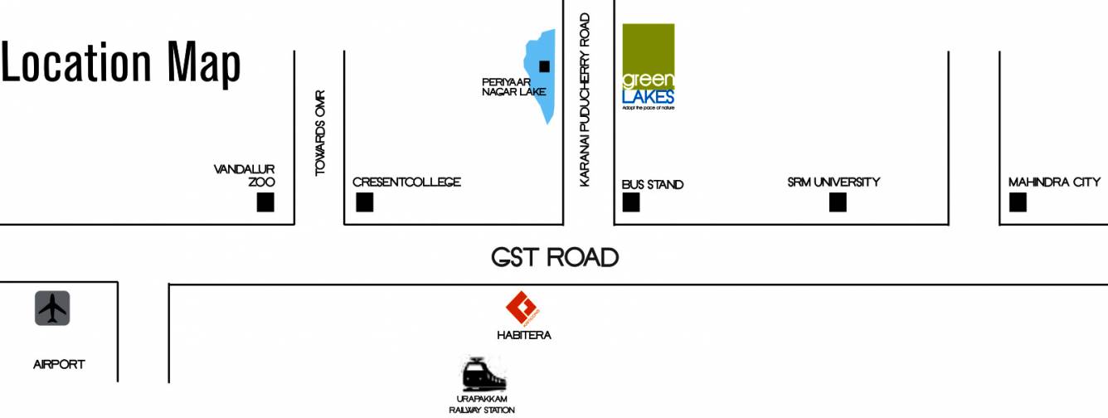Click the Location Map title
[x=121, y=62]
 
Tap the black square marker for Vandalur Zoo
[x=265, y=202]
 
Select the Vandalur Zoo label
[x=245, y=175]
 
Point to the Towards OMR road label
[x=320, y=133]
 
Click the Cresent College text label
[x=406, y=182]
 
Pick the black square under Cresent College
[x=364, y=202]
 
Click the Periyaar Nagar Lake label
[x=513, y=87]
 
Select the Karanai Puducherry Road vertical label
[x=585, y=100]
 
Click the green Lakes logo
[x=649, y=67]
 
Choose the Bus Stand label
[x=653, y=184]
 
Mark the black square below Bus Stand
[x=631, y=202]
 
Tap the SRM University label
[x=833, y=182]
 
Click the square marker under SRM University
[x=838, y=202]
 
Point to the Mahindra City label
[x=1054, y=182]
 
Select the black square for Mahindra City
[x=1018, y=202]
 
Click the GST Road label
[x=555, y=257]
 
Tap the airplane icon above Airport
[x=52, y=309]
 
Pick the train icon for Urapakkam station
[x=483, y=375]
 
